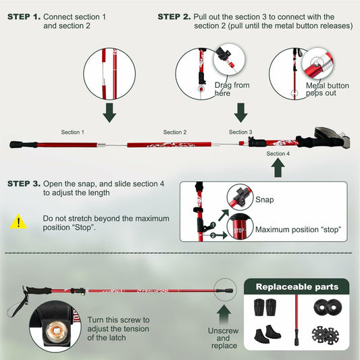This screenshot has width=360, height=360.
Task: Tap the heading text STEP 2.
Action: (x=174, y=16)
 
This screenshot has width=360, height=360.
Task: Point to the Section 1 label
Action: (x=72, y=132)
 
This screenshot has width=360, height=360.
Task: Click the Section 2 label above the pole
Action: (x=175, y=132)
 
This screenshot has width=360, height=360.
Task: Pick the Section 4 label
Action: (x=278, y=154)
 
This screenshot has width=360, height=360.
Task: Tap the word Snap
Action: (x=264, y=200)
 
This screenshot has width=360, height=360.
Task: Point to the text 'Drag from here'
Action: (x=232, y=89)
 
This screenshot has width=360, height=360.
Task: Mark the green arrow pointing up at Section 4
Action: (x=278, y=169)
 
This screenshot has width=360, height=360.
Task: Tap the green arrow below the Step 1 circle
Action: (x=109, y=112)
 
